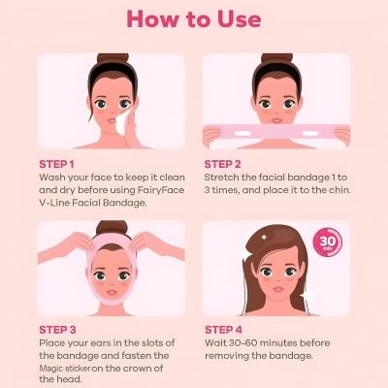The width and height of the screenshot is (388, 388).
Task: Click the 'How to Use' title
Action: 194,18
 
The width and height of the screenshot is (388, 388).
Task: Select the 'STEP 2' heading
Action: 225,164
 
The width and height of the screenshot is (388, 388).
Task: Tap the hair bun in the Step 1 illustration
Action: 111,61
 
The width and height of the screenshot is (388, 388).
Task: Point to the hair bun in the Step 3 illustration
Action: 111,229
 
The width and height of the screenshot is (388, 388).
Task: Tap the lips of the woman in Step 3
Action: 111,291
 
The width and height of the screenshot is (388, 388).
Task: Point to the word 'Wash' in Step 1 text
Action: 52,178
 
